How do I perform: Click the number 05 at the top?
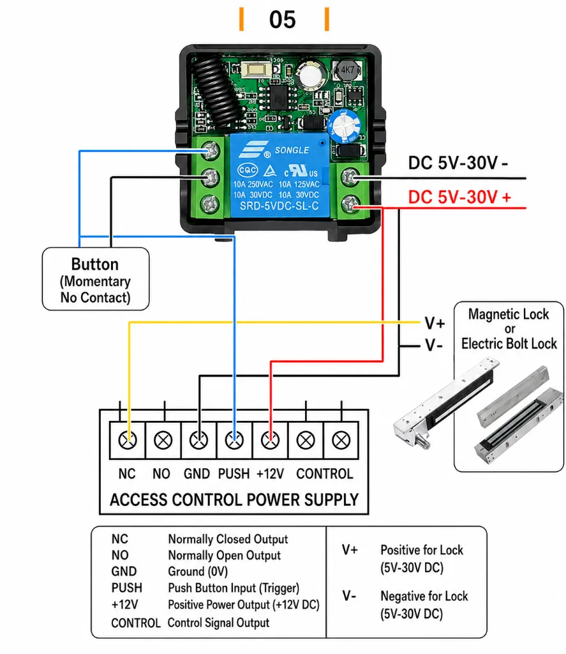(282, 20)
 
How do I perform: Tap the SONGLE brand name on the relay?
(292, 150)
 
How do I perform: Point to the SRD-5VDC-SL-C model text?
(279, 206)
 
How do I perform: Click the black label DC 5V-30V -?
(458, 163)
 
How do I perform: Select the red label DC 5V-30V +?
(459, 197)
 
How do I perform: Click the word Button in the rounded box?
(95, 264)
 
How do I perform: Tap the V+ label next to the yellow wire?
(435, 323)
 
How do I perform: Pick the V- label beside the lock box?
(433, 346)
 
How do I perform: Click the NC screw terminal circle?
(128, 440)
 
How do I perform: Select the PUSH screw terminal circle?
(234, 440)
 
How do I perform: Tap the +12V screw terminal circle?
(270, 440)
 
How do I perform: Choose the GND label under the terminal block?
(197, 474)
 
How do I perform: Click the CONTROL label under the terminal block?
(325, 474)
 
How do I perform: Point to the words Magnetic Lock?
(509, 314)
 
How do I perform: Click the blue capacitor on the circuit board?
(345, 126)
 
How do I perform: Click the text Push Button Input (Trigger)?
(234, 588)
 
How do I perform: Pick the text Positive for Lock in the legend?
(422, 550)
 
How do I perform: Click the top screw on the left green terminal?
(210, 151)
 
